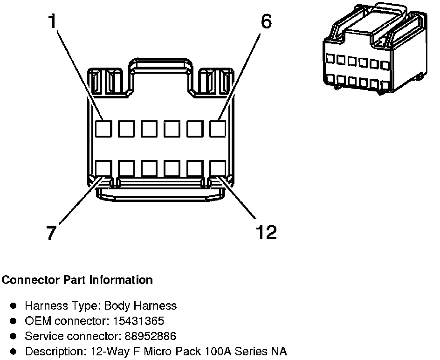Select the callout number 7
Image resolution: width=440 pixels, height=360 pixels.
click(x=52, y=232)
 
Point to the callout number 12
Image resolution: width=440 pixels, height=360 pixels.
click(x=267, y=232)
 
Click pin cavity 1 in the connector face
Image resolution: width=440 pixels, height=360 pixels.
click(x=103, y=129)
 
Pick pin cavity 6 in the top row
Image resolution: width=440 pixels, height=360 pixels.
click(x=218, y=129)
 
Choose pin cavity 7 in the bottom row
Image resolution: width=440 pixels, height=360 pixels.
click(x=103, y=168)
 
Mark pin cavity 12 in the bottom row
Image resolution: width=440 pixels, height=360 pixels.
click(x=218, y=168)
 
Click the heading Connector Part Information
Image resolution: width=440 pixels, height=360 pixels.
click(x=77, y=280)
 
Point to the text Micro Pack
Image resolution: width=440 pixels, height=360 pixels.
click(x=171, y=351)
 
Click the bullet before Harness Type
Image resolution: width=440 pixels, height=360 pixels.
click(x=14, y=306)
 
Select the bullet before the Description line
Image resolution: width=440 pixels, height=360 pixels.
click(x=14, y=351)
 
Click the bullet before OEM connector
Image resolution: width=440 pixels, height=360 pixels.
click(x=14, y=321)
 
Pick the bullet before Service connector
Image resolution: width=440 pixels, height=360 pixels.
click(x=14, y=336)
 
